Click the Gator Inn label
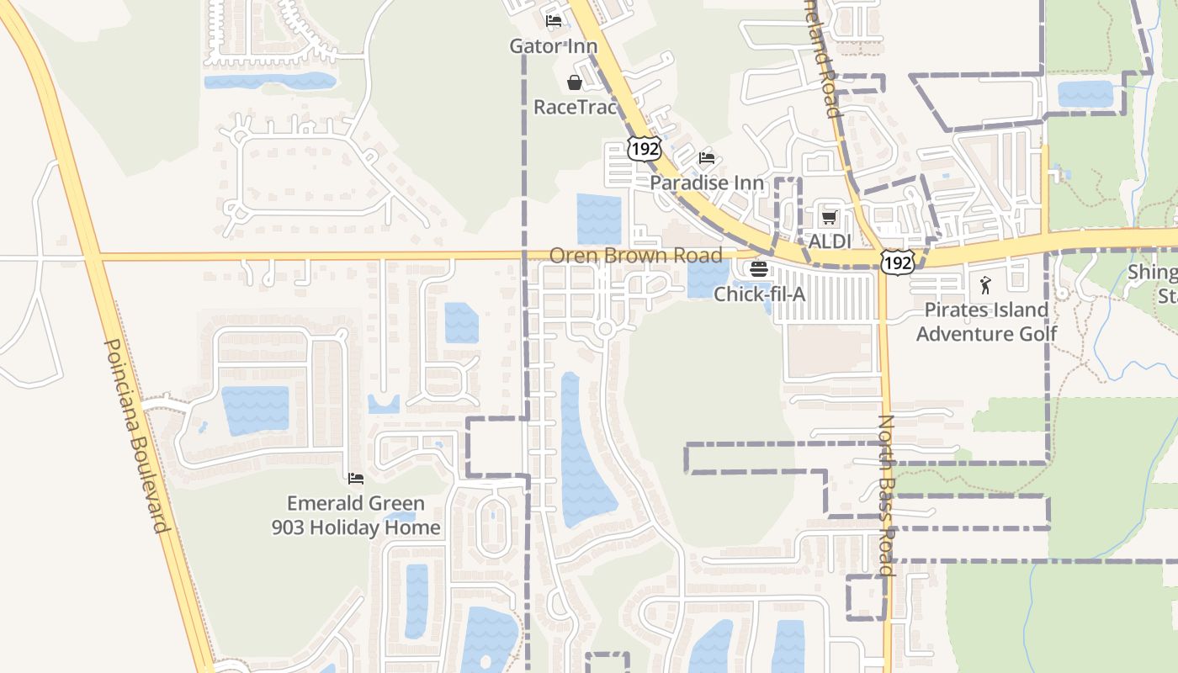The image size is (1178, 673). coord(553,46)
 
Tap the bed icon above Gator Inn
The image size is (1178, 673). coord(553,21)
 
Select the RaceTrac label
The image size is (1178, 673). coord(576,107)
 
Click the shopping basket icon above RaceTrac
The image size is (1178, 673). coord(575,82)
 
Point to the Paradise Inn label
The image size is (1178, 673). coord(707,183)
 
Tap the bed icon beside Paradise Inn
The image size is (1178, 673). coord(707,158)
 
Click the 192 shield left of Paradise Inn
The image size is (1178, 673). coord(645,149)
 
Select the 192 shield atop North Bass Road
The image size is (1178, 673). coord(897,262)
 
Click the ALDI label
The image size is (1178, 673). coord(830,241)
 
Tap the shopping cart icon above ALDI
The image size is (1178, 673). coord(830,218)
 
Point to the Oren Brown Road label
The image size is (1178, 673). coord(635,255)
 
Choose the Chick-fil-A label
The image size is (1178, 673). coord(760,294)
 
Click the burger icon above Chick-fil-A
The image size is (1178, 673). coord(759,269)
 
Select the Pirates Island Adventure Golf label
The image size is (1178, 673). coord(986,321)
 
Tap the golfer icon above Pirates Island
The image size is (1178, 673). coord(985,285)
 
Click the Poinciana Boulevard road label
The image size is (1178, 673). coord(135,436)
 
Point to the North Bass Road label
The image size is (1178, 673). coord(886,495)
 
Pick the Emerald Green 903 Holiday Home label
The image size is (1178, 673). coord(356,515)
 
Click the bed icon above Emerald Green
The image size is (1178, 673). coord(356,478)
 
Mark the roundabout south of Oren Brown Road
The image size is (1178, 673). coord(604,329)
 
